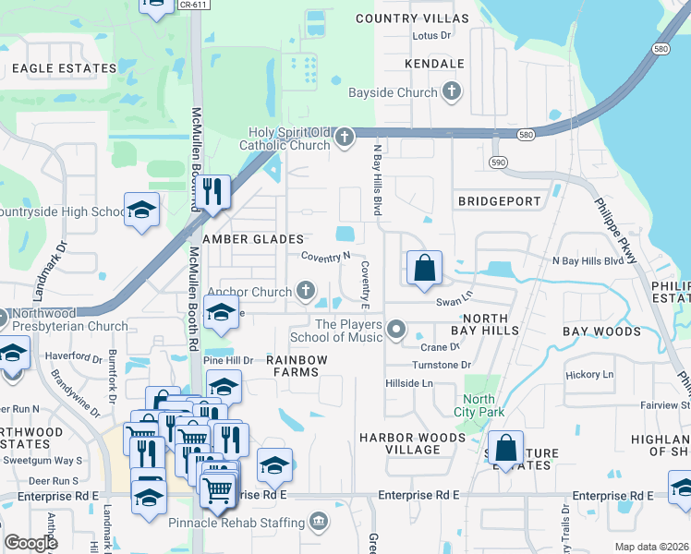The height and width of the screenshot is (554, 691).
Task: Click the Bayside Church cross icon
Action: click(452, 92)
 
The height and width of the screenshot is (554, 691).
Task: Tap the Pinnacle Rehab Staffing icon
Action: click(318, 524)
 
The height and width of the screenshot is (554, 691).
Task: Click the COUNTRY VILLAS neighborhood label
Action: click(412, 18)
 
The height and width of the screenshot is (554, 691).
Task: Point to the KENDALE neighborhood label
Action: click(434, 64)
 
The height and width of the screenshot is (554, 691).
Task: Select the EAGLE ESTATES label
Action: click(65, 68)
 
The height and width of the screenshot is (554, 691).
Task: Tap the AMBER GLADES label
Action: click(253, 239)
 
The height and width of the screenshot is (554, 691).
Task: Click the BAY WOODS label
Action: click(601, 331)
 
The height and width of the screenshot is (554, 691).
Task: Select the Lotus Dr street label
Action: click(431, 36)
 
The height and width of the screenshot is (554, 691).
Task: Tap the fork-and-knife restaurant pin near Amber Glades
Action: click(212, 192)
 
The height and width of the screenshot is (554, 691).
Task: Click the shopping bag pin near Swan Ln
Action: click(424, 269)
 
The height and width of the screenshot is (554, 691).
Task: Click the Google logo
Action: click(31, 542)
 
